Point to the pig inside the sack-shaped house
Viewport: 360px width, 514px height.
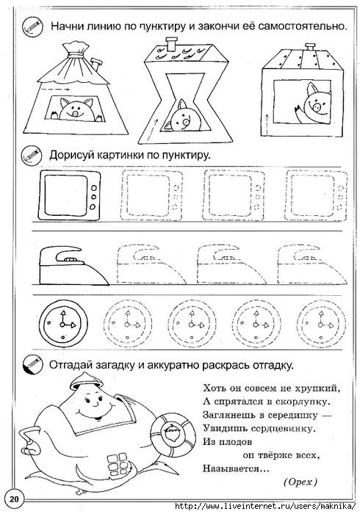pos(74,109)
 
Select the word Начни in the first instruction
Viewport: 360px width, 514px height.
pos(69,26)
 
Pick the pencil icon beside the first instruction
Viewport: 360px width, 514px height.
pos(31,26)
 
